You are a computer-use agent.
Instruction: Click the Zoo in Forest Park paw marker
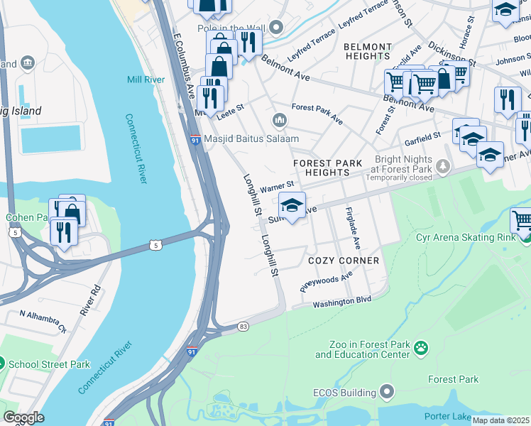(x=421, y=348)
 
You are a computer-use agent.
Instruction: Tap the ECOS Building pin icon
(x=387, y=392)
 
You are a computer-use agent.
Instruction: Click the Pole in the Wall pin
(x=276, y=28)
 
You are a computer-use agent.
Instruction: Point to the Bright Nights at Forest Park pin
(x=444, y=167)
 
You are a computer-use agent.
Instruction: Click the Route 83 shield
(x=243, y=326)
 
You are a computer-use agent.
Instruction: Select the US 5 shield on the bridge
(x=155, y=245)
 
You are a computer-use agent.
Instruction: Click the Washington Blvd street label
(x=342, y=301)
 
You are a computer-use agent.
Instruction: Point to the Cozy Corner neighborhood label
(x=344, y=261)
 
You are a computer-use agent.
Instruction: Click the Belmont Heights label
(x=367, y=52)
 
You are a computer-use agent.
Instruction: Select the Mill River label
(x=146, y=80)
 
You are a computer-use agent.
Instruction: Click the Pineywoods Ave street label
(x=326, y=280)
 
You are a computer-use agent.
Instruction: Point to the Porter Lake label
(x=447, y=416)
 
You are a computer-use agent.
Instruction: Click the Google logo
(x=23, y=418)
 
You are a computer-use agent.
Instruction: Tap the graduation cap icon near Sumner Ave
(x=292, y=205)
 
